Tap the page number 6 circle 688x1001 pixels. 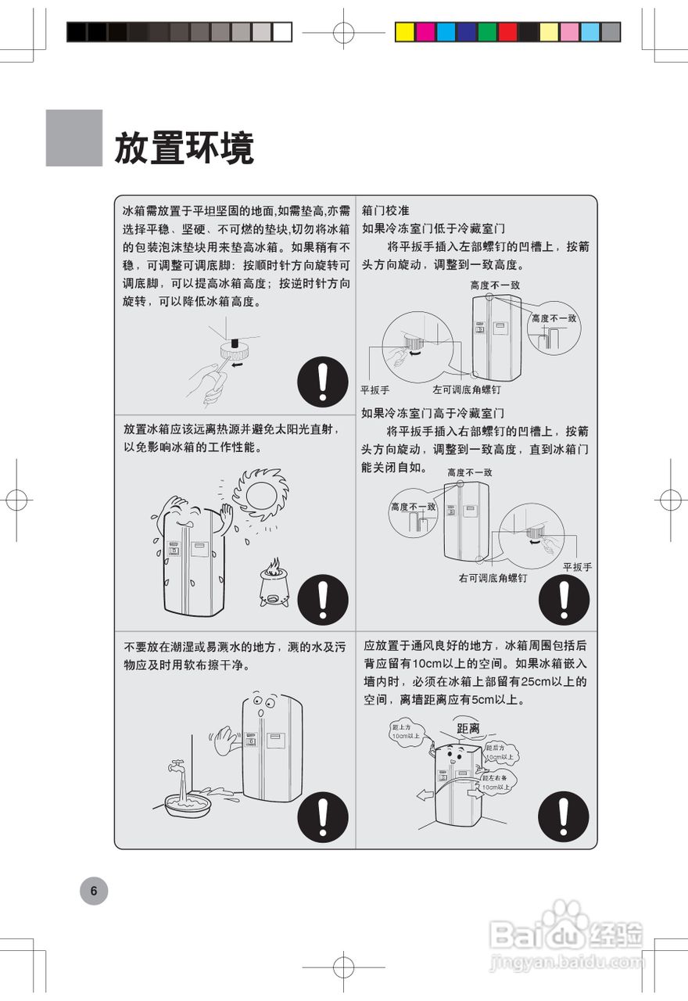click(x=94, y=891)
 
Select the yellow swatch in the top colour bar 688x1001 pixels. click(x=405, y=31)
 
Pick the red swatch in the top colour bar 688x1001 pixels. click(x=507, y=31)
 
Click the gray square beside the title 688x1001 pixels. click(x=74, y=138)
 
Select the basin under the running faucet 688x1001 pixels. click(x=187, y=805)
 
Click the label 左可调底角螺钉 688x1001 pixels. click(x=467, y=389)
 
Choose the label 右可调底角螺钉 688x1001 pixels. click(x=493, y=579)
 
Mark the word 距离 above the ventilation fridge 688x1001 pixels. click(x=468, y=728)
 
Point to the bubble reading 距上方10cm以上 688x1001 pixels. click(x=406, y=732)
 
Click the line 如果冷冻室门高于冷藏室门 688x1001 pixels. click(x=432, y=413)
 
